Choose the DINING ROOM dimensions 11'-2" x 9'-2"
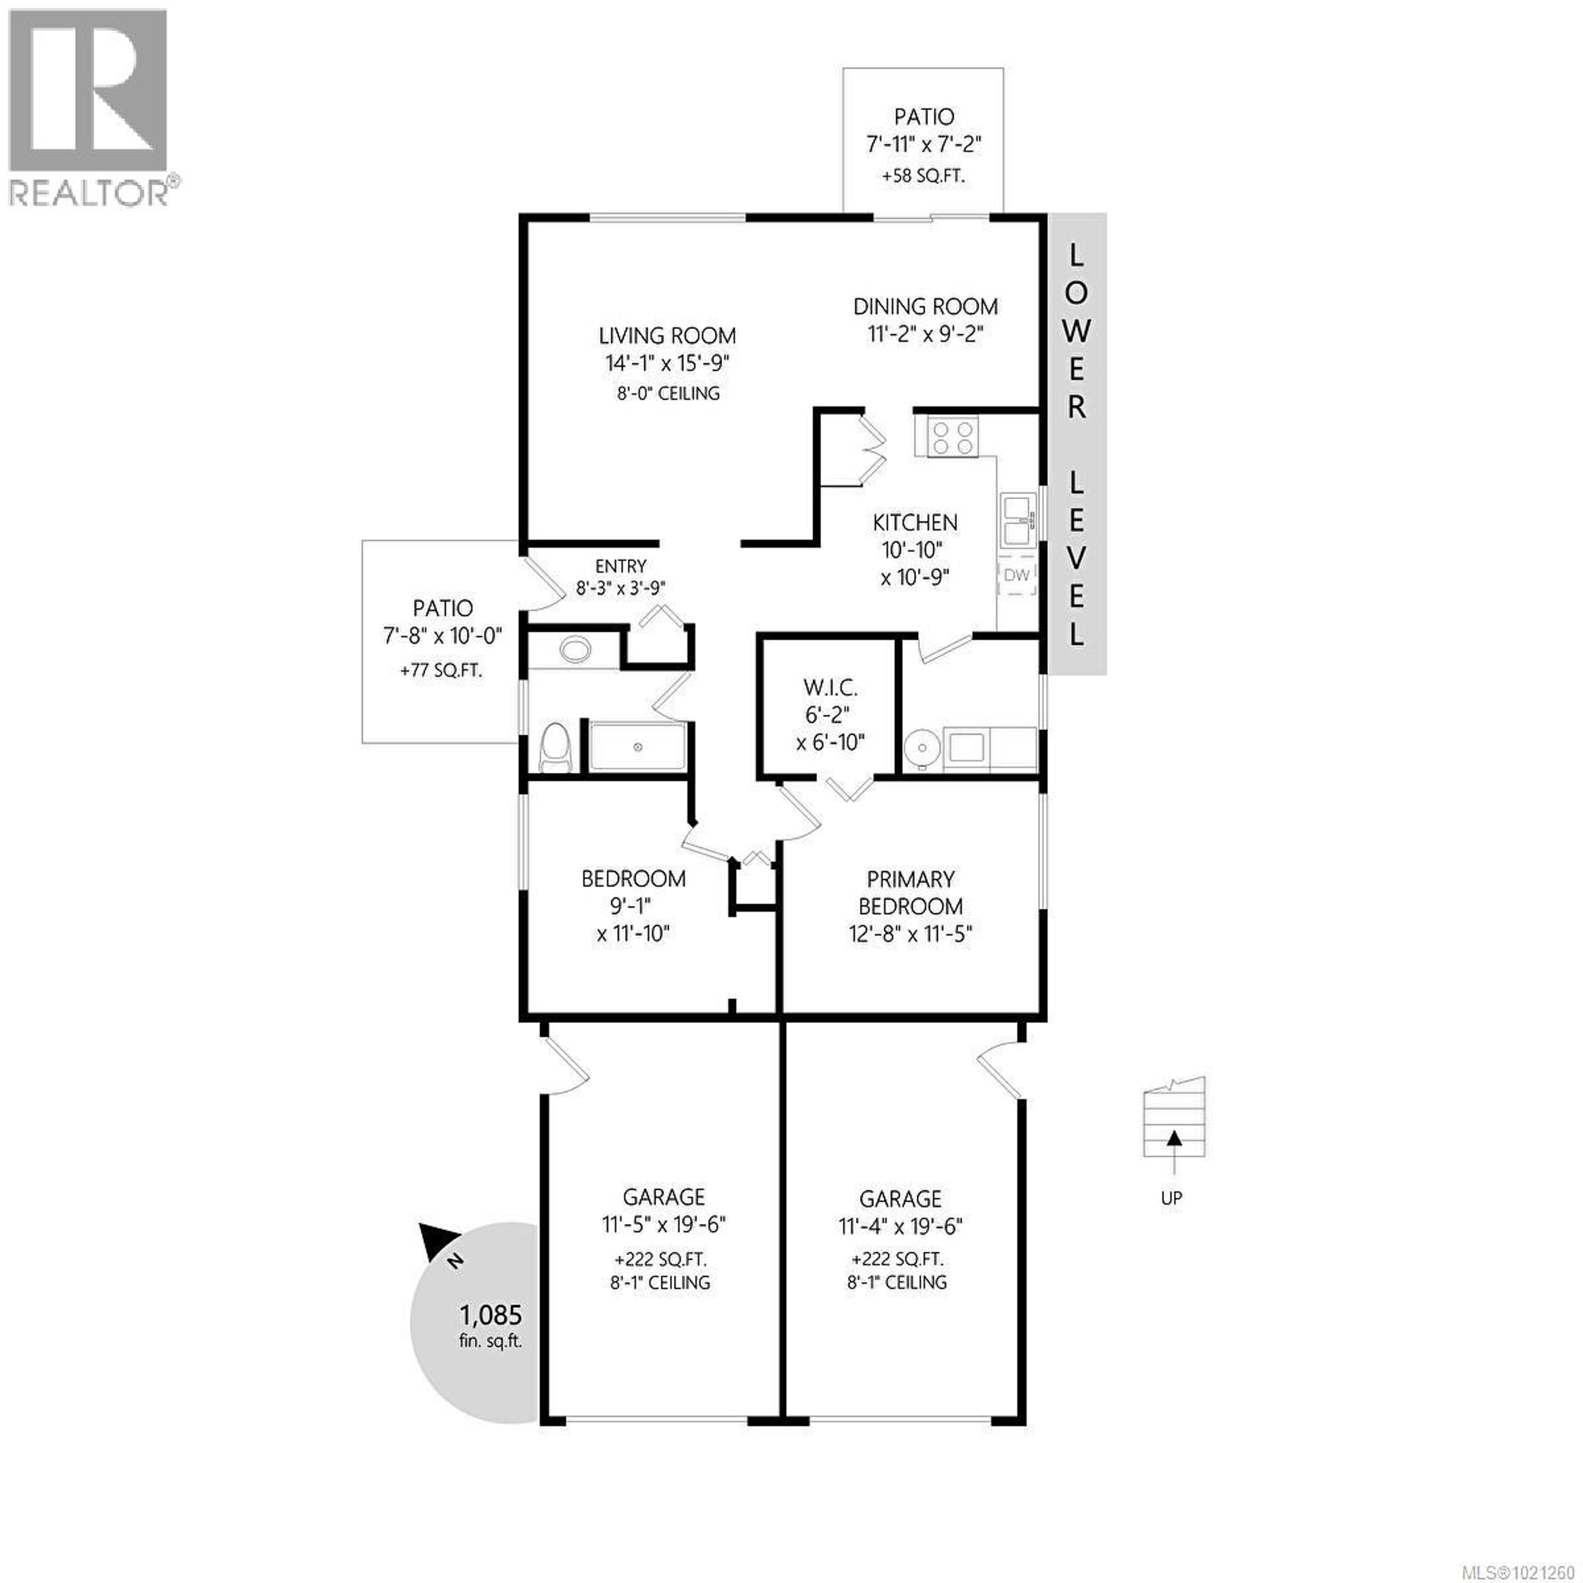925,334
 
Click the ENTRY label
620,566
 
